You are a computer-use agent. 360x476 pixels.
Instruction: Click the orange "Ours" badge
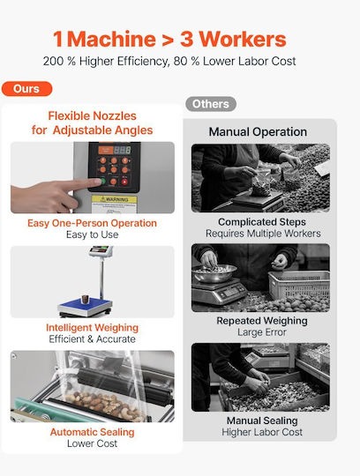[26, 89]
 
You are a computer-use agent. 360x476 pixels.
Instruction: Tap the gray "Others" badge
[211, 104]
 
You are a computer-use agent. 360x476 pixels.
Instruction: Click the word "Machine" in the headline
[111, 39]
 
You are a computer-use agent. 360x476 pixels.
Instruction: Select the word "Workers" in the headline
[243, 39]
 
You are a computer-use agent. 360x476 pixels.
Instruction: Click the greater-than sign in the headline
[168, 40]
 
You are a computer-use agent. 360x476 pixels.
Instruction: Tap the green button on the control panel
[102, 182]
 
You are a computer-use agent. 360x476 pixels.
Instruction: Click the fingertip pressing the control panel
[96, 182]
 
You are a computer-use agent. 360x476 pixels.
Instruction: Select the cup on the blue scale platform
[85, 299]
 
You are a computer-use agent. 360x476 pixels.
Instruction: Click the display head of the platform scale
[101, 250]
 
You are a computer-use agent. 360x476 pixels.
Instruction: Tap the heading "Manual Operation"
[258, 131]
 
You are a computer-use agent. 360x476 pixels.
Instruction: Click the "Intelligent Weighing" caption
[93, 328]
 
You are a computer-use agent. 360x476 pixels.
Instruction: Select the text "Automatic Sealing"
[93, 432]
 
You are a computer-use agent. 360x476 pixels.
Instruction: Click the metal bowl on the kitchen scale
[214, 272]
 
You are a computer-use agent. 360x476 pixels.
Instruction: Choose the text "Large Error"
[262, 332]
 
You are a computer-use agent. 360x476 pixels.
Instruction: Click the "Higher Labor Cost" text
[262, 432]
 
